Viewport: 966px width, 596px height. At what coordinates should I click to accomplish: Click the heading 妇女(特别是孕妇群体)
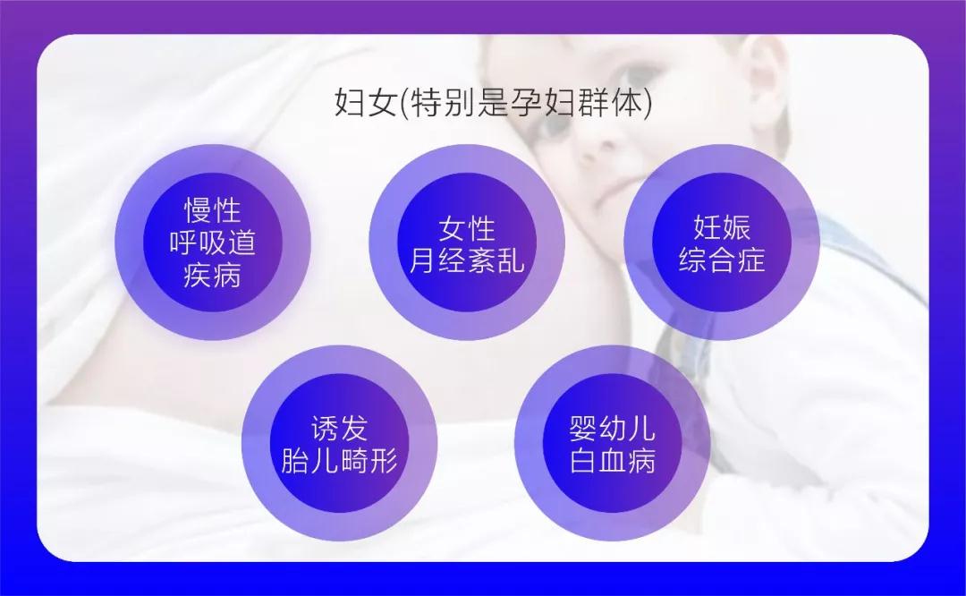pyautogui.click(x=492, y=102)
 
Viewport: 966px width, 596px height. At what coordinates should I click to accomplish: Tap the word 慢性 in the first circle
pyautogui.click(x=213, y=210)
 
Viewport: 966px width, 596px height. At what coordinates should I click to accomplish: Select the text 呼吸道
pyautogui.click(x=213, y=243)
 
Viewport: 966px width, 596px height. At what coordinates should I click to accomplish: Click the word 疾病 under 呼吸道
pyautogui.click(x=213, y=275)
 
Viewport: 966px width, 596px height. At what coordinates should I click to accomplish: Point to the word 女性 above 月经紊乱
pyautogui.click(x=467, y=229)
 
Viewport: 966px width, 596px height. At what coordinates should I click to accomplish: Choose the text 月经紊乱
pyautogui.click(x=467, y=260)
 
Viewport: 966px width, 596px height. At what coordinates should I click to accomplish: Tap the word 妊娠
pyautogui.click(x=722, y=227)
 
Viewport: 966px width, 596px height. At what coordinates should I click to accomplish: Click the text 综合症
pyautogui.click(x=722, y=260)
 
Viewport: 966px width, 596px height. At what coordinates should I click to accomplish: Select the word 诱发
pyautogui.click(x=340, y=429)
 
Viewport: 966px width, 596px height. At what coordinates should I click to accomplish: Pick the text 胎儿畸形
pyautogui.click(x=340, y=460)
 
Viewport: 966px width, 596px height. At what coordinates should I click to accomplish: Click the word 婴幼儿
pyautogui.click(x=613, y=429)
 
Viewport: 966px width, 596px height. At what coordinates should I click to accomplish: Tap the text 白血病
pyautogui.click(x=613, y=460)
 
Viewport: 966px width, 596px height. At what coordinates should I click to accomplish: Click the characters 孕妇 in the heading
pyautogui.click(x=543, y=102)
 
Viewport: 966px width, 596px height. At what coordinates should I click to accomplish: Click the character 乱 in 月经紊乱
pyautogui.click(x=511, y=260)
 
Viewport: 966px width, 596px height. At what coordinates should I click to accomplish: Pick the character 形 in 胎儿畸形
pyautogui.click(x=384, y=460)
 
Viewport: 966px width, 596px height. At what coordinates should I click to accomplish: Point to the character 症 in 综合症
pyautogui.click(x=751, y=260)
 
